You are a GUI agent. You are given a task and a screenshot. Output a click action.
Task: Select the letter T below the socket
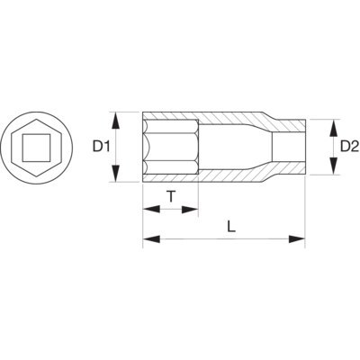pyautogui.click(x=170, y=194)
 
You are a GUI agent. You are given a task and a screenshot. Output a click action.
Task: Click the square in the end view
pyautogui.click(x=35, y=146)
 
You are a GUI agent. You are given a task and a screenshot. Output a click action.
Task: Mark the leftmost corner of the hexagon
pyautogui.click(x=4, y=146)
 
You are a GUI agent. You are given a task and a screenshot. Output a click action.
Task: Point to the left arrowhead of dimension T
pyautogui.click(x=147, y=209)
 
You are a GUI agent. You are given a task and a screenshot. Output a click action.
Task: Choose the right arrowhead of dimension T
pyautogui.click(x=193, y=209)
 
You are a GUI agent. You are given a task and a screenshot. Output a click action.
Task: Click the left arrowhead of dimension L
pyautogui.click(x=148, y=238)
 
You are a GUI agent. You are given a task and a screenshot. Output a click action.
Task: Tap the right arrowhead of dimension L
pyautogui.click(x=300, y=238)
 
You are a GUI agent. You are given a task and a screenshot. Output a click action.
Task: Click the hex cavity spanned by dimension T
pyautogui.click(x=171, y=146)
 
